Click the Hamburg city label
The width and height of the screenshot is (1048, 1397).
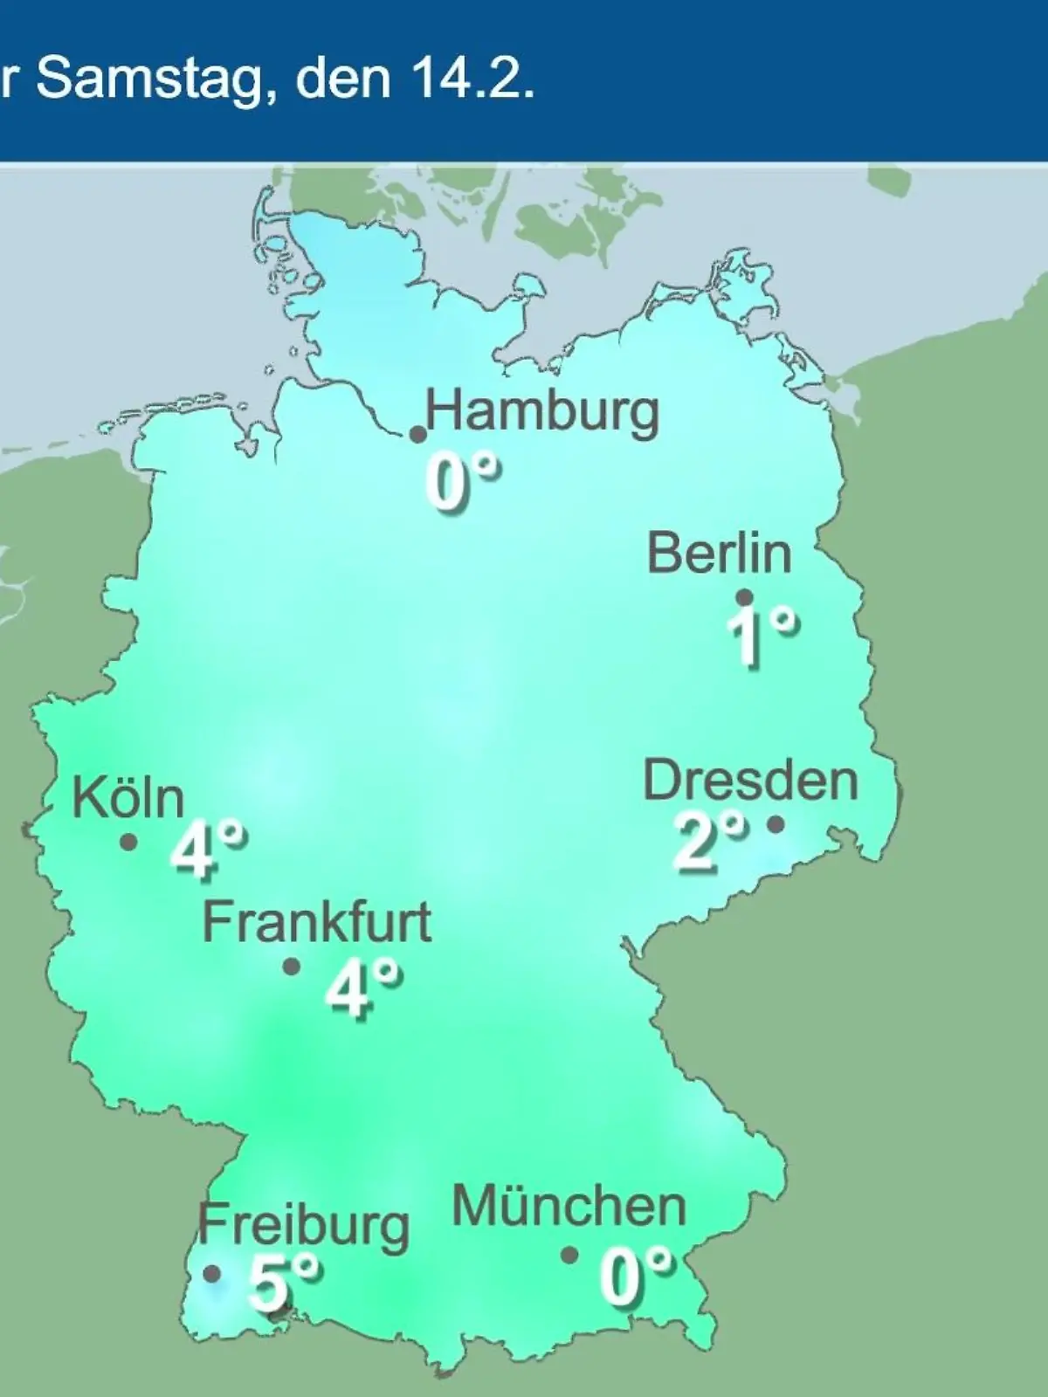(x=542, y=411)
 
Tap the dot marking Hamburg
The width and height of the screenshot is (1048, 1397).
(x=418, y=434)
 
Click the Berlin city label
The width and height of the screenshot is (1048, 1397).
(x=720, y=554)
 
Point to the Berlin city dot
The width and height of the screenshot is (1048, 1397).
(x=744, y=597)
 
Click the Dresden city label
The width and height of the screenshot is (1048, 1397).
(x=750, y=781)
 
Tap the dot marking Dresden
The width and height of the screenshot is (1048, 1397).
(x=775, y=823)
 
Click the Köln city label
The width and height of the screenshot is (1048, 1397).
(x=128, y=797)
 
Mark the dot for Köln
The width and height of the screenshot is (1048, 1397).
(x=128, y=843)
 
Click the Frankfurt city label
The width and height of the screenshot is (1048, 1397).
(x=317, y=922)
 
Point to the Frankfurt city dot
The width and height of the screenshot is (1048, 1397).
(x=292, y=967)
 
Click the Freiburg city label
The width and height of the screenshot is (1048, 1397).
(x=303, y=1226)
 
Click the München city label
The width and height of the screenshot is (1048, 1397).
(x=569, y=1208)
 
